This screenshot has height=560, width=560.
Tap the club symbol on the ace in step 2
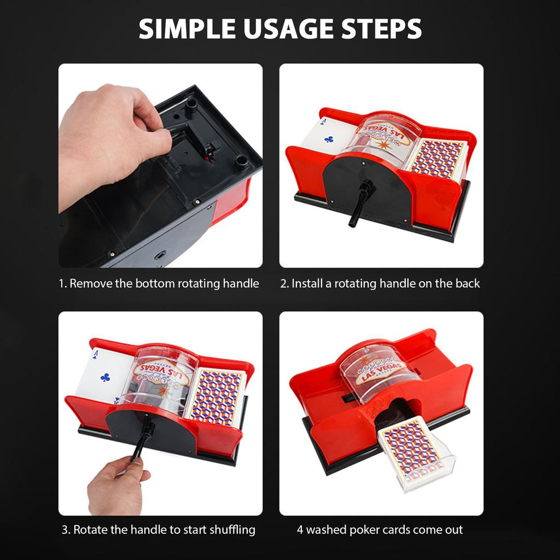coord(329,139)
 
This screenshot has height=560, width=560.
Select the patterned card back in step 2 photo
coord(437,159)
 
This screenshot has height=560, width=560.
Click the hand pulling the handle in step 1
coord(109,137)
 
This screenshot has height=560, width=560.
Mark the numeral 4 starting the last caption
coord(300,529)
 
